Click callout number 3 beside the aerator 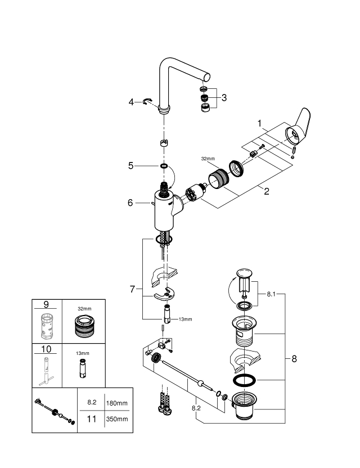click(224, 97)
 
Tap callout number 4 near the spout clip click(131, 102)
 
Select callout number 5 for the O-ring click(130, 166)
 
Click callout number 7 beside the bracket click(132, 289)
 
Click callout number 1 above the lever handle click(260, 122)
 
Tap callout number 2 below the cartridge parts click(266, 191)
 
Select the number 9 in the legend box click(46, 305)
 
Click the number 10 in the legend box click(46, 349)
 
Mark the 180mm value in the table click(117, 403)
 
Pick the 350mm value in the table click(117, 419)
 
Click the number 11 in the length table click(92, 419)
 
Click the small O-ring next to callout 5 click(164, 166)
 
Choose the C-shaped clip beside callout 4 click(149, 101)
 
